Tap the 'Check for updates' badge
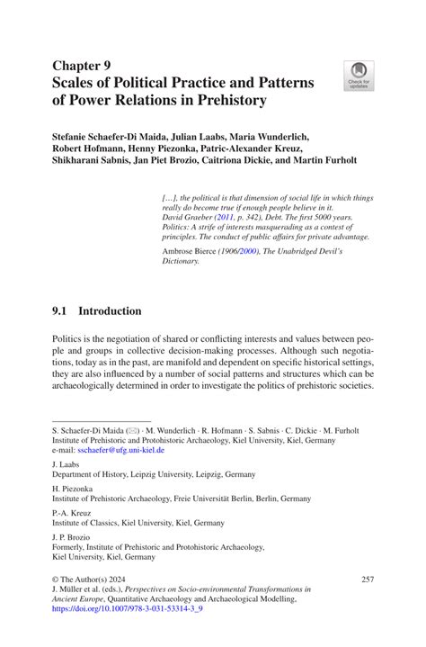pyautogui.click(x=359, y=76)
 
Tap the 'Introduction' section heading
pyautogui.click(x=110, y=311)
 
